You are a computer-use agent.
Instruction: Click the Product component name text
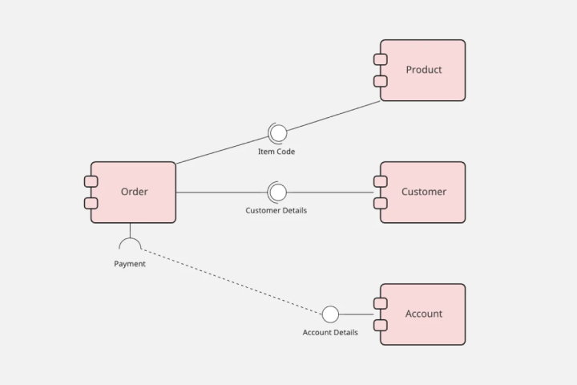[x=423, y=70]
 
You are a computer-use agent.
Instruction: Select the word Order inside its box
[x=134, y=192]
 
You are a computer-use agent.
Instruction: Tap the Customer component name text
[x=423, y=192]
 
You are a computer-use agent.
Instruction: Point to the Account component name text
[x=423, y=314]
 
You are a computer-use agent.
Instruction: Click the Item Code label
[x=276, y=152]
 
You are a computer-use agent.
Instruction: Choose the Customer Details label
[x=276, y=210]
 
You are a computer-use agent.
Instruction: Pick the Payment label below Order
[x=130, y=264]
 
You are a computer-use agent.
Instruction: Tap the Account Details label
[x=330, y=332]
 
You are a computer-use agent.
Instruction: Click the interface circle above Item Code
[x=277, y=133]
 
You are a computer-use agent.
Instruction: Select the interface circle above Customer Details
[x=277, y=192]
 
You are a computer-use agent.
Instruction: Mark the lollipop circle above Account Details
[x=330, y=314]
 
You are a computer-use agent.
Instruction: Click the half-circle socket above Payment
[x=130, y=244]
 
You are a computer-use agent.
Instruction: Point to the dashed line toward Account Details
[x=232, y=281]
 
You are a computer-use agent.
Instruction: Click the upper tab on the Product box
[x=381, y=59]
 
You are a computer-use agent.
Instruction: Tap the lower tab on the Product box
[x=381, y=81]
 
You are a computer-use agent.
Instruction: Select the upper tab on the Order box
[x=91, y=181]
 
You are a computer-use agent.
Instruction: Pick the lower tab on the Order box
[x=91, y=203]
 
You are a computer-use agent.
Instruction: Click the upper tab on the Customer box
[x=381, y=181]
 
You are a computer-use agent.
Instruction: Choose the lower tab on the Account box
[x=381, y=325]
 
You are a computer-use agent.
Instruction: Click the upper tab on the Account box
[x=381, y=303]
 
